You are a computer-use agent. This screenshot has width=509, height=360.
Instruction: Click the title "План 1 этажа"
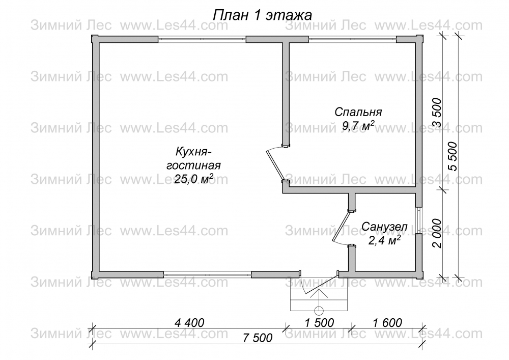[262, 15]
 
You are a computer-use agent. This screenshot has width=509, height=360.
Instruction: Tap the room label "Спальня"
[358, 113]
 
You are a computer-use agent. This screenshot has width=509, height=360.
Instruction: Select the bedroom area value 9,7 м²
[358, 125]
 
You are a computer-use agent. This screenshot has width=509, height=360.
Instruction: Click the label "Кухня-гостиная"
[193, 158]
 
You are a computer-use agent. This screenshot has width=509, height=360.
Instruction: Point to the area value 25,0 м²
[193, 178]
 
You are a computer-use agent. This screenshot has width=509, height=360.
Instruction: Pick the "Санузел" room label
[384, 227]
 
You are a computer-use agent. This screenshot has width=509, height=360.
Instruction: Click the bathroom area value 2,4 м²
[384, 240]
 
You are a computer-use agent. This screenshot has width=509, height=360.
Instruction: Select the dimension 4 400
[189, 323]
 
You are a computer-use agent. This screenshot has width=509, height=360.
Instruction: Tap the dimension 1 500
[319, 323]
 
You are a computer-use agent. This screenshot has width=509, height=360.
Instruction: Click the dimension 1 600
[387, 323]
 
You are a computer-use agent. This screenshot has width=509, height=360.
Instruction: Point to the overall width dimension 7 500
[258, 338]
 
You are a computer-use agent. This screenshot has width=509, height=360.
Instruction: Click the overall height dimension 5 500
[452, 156]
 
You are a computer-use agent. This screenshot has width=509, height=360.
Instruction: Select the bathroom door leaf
[341, 226]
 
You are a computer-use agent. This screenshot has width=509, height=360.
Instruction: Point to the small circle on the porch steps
[319, 310]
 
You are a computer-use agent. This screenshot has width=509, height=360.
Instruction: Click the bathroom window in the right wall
[419, 220]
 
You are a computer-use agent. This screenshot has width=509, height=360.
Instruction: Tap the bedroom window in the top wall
[352, 40]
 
